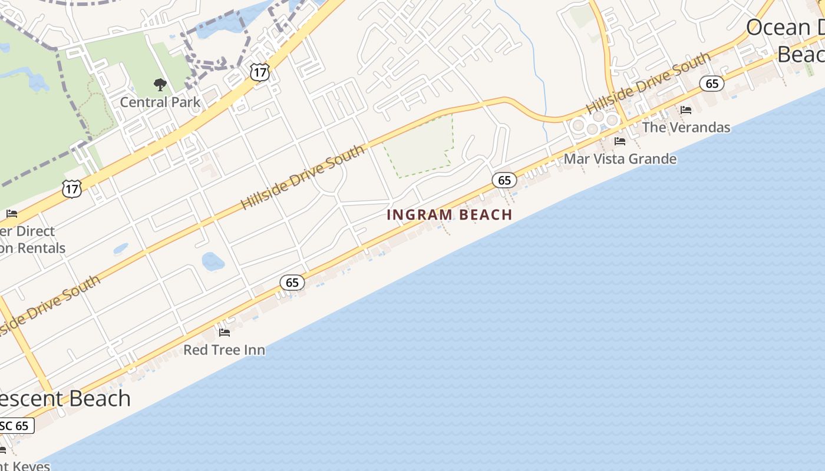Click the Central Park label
tap(160, 102)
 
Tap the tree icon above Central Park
tap(160, 85)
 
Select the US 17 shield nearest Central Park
tap(259, 72)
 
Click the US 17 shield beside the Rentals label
tap(71, 189)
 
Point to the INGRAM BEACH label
tap(450, 215)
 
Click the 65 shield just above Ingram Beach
tap(504, 180)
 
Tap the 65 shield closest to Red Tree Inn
tap(292, 283)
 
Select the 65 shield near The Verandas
tap(712, 84)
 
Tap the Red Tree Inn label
tap(224, 350)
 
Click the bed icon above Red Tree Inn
tap(224, 333)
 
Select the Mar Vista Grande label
tap(620, 159)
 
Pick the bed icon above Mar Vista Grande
tap(619, 141)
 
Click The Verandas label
tap(686, 127)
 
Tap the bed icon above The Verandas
tap(686, 110)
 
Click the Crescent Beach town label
tap(65, 399)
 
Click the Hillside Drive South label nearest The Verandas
tap(648, 83)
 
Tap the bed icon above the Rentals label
tap(12, 214)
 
